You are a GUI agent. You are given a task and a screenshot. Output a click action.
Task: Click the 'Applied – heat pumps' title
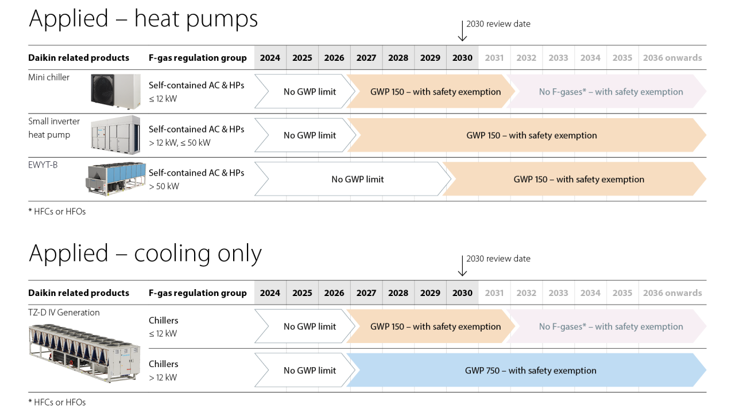click(143, 19)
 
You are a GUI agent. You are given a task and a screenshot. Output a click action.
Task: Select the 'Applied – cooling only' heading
click(145, 254)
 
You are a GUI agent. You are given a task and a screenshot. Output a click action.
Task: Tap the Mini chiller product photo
click(115, 91)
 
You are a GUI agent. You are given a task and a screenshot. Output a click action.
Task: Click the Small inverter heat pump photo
click(115, 133)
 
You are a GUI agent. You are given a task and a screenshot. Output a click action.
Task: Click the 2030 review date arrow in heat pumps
click(462, 31)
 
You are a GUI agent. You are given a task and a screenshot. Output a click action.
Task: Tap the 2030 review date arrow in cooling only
click(462, 266)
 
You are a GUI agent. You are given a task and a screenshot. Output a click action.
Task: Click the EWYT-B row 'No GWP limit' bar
click(357, 179)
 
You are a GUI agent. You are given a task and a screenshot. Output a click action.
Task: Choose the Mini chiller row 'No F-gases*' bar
click(610, 92)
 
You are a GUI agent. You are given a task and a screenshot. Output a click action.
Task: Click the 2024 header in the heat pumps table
click(270, 58)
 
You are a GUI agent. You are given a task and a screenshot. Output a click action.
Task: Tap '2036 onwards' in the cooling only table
click(672, 293)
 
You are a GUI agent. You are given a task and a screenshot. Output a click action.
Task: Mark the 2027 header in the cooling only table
click(366, 293)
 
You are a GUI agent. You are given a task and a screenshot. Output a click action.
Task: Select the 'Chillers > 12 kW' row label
click(164, 371)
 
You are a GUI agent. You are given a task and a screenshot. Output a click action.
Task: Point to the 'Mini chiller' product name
click(49, 77)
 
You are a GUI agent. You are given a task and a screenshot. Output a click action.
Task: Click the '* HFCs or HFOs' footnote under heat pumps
click(57, 211)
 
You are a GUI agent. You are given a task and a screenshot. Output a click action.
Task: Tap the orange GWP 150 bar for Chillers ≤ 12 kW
click(435, 326)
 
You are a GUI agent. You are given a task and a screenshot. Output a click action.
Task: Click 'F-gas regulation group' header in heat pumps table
click(197, 58)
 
